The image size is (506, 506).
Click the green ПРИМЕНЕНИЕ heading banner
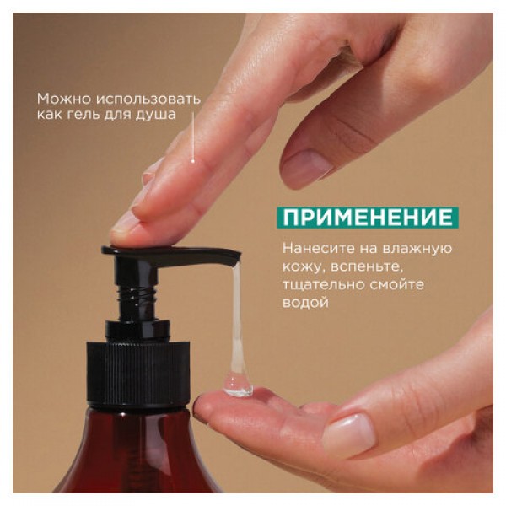[368, 218]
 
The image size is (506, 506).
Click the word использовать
[148, 100]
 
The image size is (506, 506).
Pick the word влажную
[417, 249]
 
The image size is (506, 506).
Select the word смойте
[396, 285]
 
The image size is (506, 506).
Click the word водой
[305, 303]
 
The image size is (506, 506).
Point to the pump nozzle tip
[236, 257]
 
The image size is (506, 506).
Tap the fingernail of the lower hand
[349, 431]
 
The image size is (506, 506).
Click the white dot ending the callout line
[192, 161]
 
